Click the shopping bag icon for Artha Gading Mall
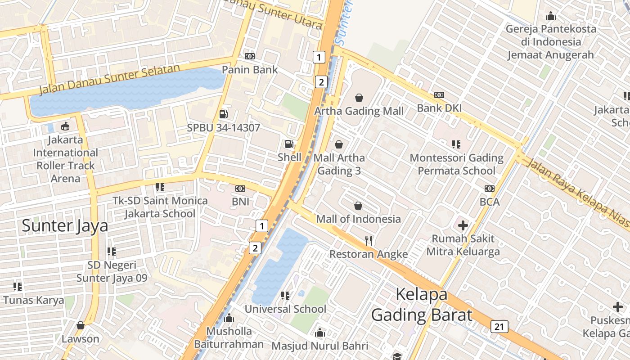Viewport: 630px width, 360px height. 359,98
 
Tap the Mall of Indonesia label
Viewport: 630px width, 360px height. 358,219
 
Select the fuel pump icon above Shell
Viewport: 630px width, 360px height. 289,144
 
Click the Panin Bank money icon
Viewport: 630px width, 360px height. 250,56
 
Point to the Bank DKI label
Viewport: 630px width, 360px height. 439,108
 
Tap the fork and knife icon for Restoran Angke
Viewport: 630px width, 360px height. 369,241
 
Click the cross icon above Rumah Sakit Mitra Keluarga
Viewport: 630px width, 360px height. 463,225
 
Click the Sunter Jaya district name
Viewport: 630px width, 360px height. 65,225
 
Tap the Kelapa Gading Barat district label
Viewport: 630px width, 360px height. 422,305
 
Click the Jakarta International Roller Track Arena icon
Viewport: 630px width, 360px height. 65,126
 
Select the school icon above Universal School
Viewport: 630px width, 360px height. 285,296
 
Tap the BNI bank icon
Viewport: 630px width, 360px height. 240,189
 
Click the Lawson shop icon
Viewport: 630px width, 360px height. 81,325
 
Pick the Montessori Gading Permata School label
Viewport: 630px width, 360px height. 456,164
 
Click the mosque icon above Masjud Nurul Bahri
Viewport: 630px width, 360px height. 320,333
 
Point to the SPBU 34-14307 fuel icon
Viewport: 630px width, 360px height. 223,114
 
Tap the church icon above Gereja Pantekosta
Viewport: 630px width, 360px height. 550,16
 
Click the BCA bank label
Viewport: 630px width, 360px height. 489,202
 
